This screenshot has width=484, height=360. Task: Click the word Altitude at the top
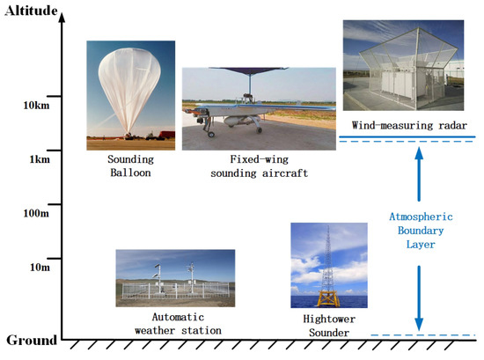[x=31, y=11]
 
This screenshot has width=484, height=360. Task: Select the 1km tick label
[x=40, y=160]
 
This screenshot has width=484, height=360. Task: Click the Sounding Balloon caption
[x=130, y=166]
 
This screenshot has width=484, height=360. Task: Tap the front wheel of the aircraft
[x=211, y=134]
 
